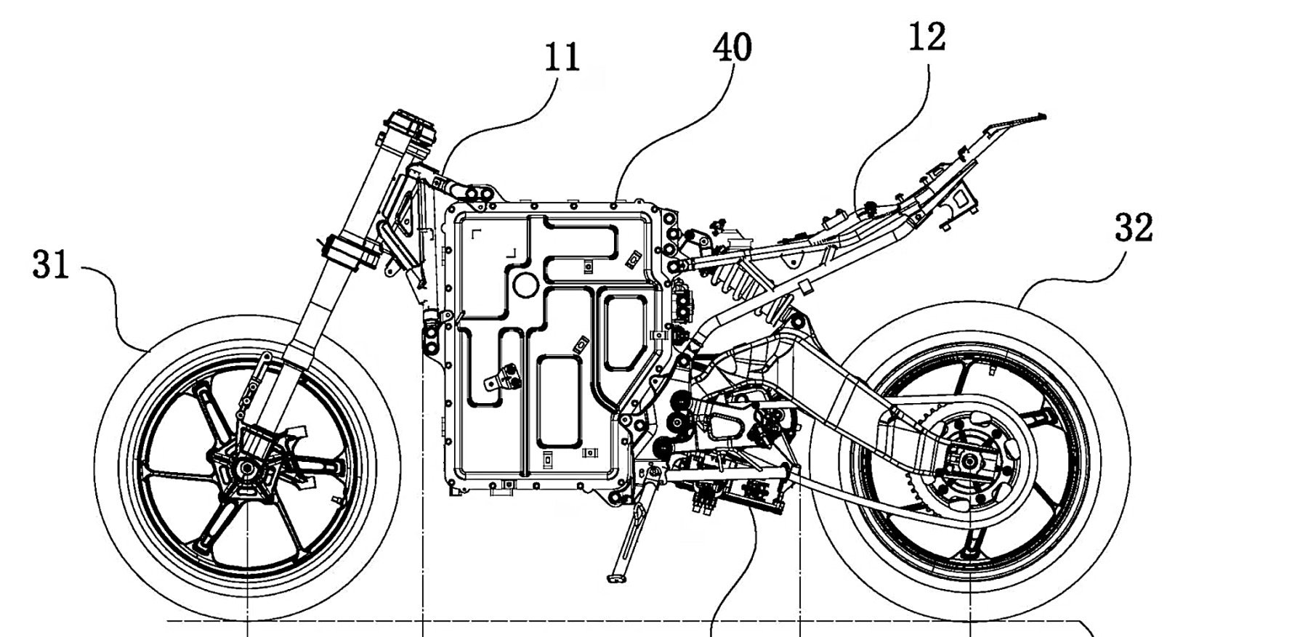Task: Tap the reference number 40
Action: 732,48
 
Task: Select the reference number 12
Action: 927,37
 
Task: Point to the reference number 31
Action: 51,265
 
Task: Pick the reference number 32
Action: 1134,229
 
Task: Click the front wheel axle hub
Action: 247,466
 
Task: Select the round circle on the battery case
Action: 525,284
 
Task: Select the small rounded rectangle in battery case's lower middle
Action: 559,399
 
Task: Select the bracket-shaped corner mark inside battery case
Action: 477,233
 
